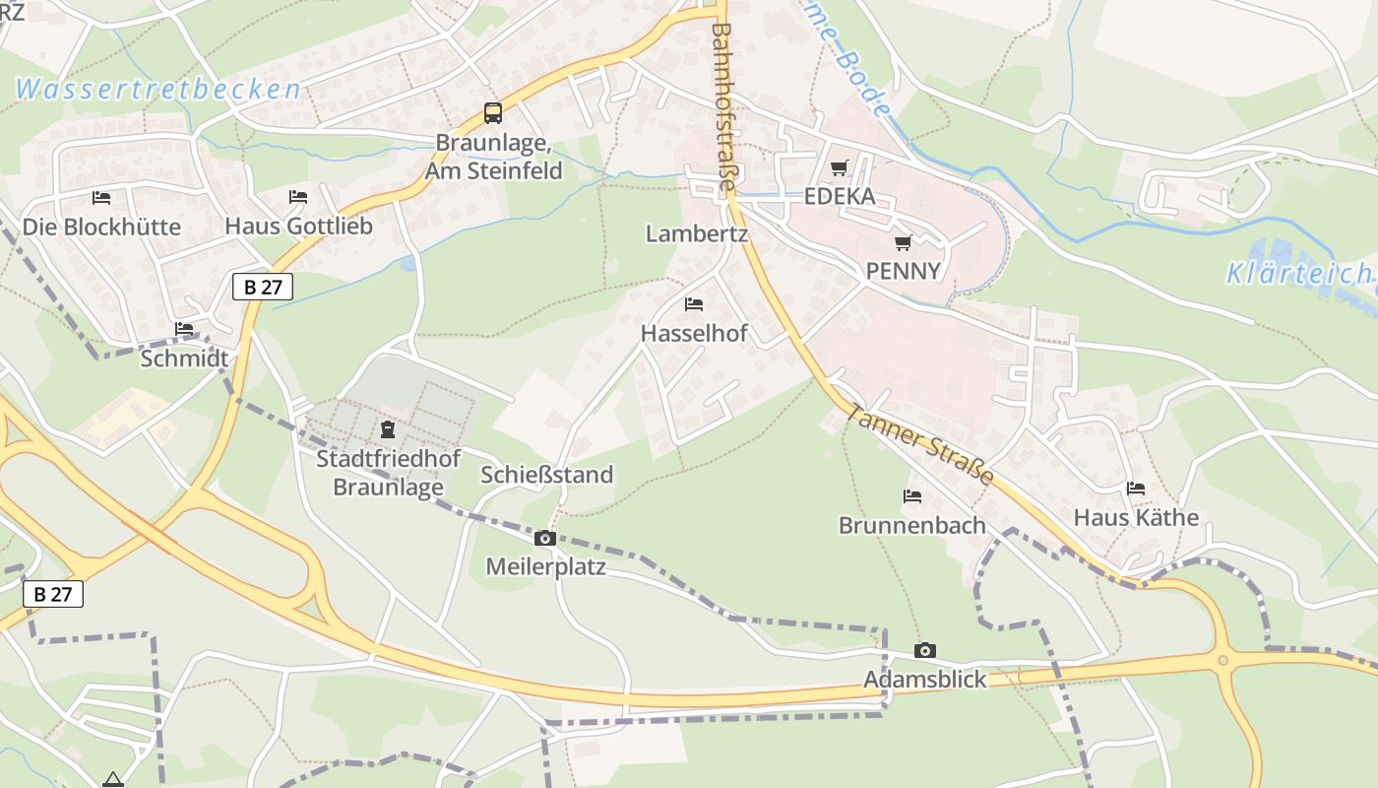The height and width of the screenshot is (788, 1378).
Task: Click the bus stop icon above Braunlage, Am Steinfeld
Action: tap(493, 113)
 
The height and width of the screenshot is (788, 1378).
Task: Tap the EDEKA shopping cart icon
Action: tap(839, 168)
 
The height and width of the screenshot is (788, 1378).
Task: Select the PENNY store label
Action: tap(903, 271)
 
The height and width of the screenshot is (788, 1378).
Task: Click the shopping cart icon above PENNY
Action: tap(903, 242)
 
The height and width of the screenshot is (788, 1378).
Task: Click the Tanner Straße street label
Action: tap(919, 442)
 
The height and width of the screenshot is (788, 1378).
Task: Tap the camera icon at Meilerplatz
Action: tap(545, 538)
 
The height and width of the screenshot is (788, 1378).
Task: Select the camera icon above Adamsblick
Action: tap(924, 650)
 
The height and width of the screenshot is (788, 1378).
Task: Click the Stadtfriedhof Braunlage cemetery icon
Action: tap(387, 429)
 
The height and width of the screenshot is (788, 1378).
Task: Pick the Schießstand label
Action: tap(546, 475)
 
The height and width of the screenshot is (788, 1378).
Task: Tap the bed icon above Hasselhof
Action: tap(694, 304)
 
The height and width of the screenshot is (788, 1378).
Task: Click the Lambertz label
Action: tap(697, 234)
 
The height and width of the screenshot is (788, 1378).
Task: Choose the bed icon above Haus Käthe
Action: tap(1136, 489)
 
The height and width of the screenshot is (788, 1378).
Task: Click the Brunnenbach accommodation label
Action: tap(911, 525)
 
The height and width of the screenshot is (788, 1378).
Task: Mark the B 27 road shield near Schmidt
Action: tap(263, 288)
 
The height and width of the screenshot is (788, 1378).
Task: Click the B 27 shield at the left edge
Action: tap(53, 594)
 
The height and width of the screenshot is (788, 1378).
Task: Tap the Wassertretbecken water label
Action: tap(157, 90)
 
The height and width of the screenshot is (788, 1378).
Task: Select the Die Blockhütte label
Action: tap(101, 227)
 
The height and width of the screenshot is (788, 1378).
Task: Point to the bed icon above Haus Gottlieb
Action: tap(298, 197)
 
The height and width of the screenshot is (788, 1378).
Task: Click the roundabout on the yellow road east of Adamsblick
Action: tap(1223, 661)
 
